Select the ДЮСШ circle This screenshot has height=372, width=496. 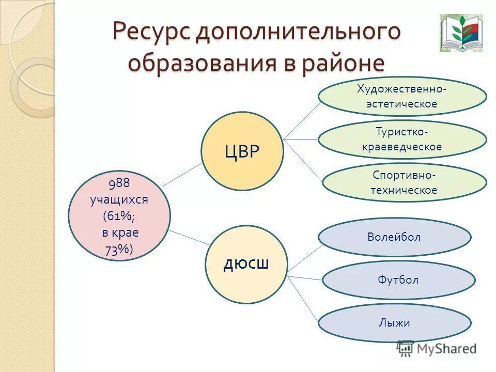[x=246, y=265]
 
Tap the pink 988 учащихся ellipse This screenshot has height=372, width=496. [x=119, y=216]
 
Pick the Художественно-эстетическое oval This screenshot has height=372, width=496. [x=402, y=97]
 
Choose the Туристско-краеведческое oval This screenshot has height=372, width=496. [x=402, y=139]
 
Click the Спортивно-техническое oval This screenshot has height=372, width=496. [x=404, y=182]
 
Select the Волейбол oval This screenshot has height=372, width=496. [x=394, y=237]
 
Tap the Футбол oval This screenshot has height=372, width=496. [x=398, y=281]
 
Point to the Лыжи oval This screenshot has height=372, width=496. [x=394, y=323]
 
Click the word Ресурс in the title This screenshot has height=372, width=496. [x=151, y=32]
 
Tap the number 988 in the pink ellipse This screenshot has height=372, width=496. [x=118, y=183]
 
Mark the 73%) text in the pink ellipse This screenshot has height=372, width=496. [x=119, y=250]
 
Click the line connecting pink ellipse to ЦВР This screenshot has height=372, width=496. [x=182, y=174]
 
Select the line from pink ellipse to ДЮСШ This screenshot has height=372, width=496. [x=189, y=237]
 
